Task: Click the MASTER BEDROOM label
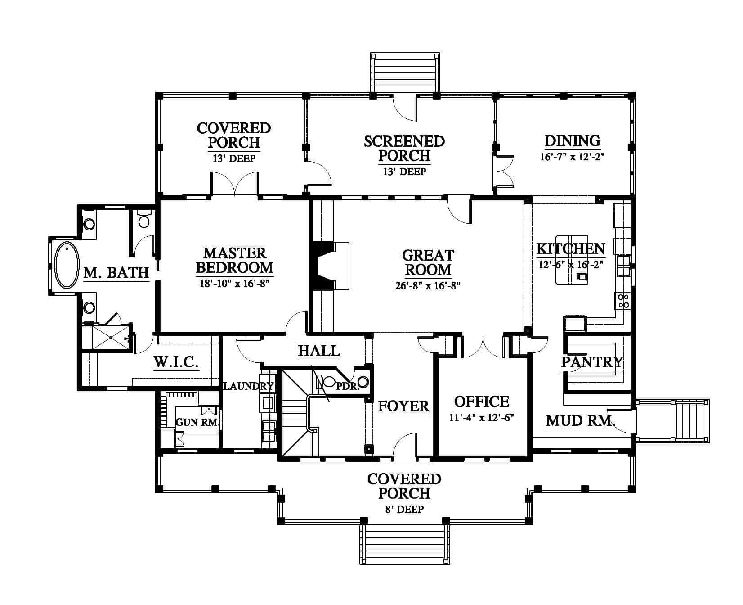click(x=235, y=260)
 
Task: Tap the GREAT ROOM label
click(x=428, y=262)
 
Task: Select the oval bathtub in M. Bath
click(x=66, y=265)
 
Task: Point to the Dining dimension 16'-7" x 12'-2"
click(x=573, y=157)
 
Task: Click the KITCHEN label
click(x=571, y=248)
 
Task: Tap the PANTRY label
click(x=591, y=361)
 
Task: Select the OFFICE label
click(x=482, y=402)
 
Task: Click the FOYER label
click(x=403, y=406)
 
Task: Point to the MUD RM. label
click(x=581, y=421)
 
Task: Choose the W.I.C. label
click(x=176, y=362)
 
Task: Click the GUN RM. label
click(x=197, y=423)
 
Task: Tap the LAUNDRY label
click(x=249, y=386)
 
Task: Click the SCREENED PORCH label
click(x=404, y=148)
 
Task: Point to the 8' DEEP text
click(x=404, y=510)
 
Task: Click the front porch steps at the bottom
click(x=404, y=543)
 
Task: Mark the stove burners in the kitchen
click(x=623, y=300)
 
